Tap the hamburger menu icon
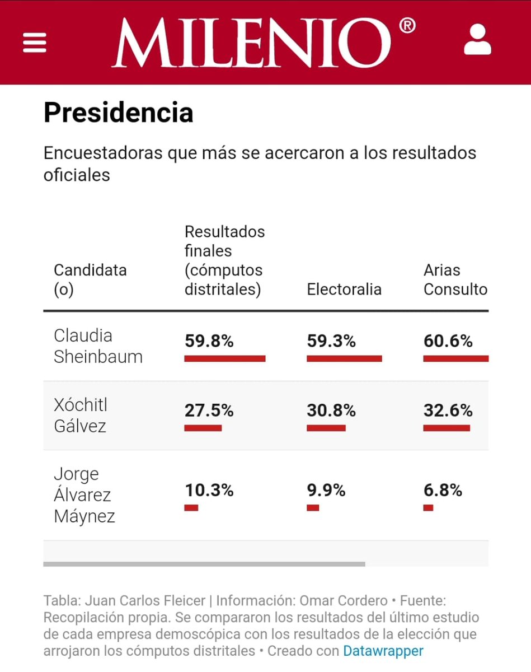35,42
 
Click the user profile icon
477,40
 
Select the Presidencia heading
119,113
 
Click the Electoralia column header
344,290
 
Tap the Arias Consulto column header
455,280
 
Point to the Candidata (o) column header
90,280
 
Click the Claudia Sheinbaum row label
98,346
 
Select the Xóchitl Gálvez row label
81,416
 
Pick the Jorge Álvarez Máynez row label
84,495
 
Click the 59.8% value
209,341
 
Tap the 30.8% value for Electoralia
331,410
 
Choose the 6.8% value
443,491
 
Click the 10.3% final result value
209,491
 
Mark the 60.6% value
448,341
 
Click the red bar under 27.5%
203,428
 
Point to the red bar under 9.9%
313,508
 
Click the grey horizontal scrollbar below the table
204,564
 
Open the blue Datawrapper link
383,651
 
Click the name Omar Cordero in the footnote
344,601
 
